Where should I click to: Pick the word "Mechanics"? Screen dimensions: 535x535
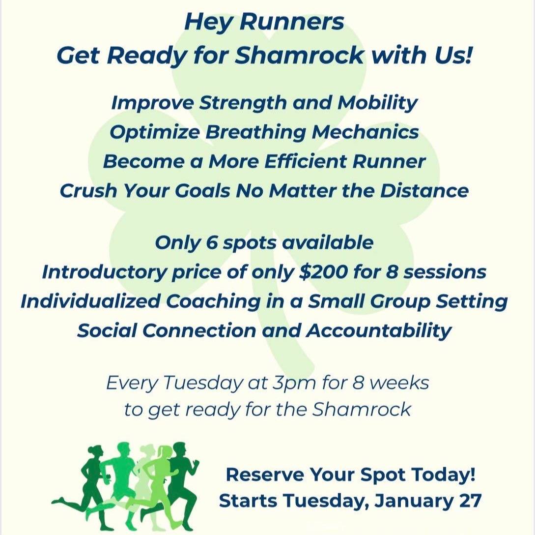point(365,132)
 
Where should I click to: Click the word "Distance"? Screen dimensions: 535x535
point(424,190)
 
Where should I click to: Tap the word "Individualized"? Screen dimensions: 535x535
point(90,301)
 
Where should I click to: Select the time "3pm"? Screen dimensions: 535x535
point(294,384)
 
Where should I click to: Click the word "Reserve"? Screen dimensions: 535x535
point(265,475)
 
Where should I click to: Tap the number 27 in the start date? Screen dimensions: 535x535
point(470,501)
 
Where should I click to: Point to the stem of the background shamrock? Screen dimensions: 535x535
point(293,341)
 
